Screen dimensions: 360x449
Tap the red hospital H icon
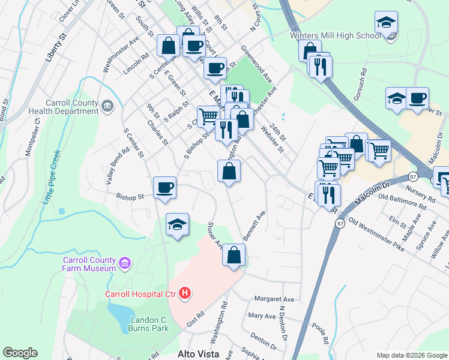pos(185,293)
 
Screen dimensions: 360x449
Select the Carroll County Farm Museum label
pos(89,264)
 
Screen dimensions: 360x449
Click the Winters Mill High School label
pos(335,35)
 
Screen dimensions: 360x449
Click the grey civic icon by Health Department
pos(107,106)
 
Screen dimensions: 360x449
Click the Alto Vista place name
pos(197,354)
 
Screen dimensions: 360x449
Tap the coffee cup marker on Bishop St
pos(164,188)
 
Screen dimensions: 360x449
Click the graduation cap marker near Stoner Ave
pos(178,224)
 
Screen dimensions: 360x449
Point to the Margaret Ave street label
pos(274,299)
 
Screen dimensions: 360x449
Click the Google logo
pos(20,353)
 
